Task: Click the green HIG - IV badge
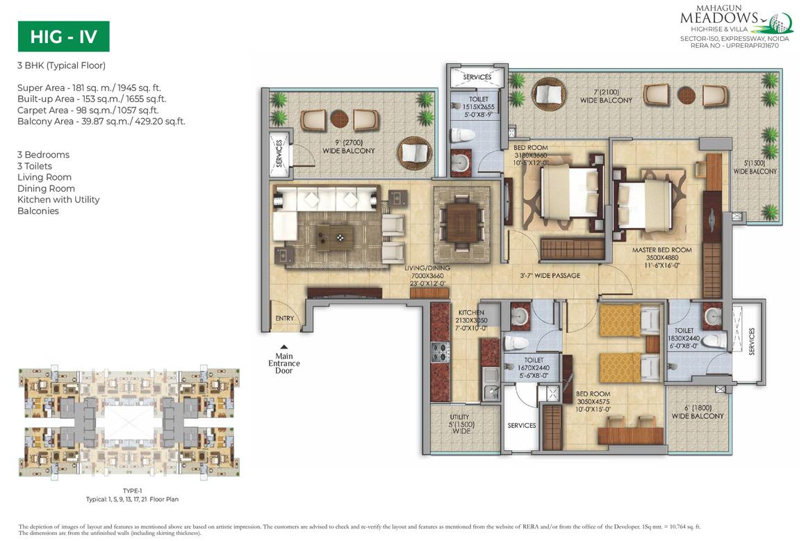(63, 37)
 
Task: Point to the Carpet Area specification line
(88, 110)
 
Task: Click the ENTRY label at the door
(284, 319)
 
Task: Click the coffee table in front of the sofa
(335, 238)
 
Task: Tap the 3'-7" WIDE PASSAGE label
(550, 276)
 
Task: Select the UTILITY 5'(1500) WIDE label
(459, 422)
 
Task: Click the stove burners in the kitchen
(439, 353)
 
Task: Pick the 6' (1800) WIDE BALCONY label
(698, 413)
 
